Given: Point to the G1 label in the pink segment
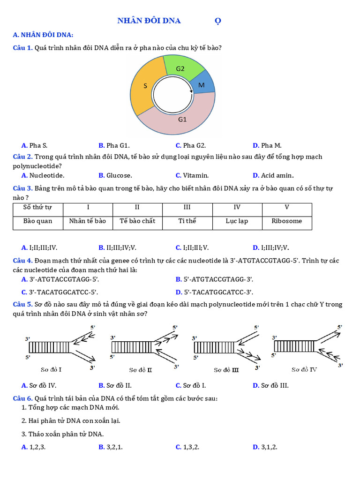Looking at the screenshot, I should tap(182, 119).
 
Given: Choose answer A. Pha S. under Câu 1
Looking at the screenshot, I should tap(35, 145).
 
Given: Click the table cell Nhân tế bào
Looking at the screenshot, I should tap(88, 221).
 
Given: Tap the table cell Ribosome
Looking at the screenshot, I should tap(287, 221).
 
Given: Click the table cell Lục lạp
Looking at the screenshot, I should tap(237, 221).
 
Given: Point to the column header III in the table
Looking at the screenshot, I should tap(187, 207).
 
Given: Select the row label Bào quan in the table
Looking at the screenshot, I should tap(38, 221).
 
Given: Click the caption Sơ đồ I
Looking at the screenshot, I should tap(51, 369).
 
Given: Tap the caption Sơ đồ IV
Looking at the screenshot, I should tap(304, 369).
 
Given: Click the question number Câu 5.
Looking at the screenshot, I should tap(22, 304).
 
